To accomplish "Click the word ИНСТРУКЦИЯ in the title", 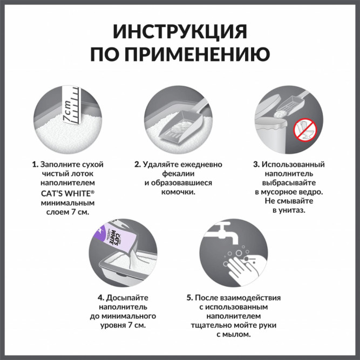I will [180, 31].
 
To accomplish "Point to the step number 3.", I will [256, 164].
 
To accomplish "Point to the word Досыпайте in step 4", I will [128, 297].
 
